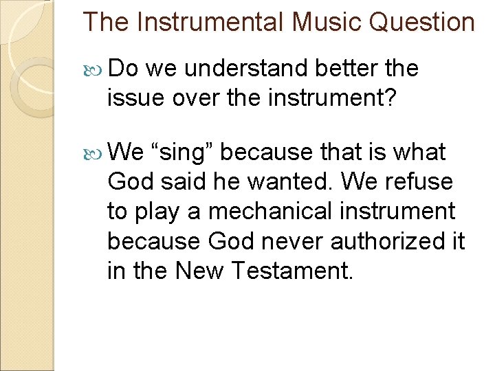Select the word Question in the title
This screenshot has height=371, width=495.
421,22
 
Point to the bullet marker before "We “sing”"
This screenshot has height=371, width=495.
96,152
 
